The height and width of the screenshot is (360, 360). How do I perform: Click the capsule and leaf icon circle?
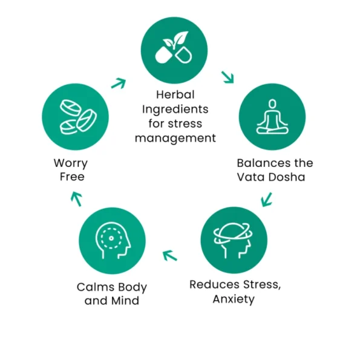tap(174, 50)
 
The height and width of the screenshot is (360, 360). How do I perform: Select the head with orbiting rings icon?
tap(234, 240)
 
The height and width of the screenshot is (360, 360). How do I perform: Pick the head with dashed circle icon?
tap(113, 241)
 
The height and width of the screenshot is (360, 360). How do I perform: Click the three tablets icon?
tap(78, 117)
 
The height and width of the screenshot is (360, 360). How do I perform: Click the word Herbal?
tap(175, 94)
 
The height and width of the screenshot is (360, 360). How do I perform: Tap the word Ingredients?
tap(175, 110)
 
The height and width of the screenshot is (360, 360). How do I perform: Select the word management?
tap(175, 139)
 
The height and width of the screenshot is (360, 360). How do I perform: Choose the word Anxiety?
tap(234, 299)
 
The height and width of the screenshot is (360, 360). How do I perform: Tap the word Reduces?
tap(215, 284)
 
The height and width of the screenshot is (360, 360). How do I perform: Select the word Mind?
tap(125, 301)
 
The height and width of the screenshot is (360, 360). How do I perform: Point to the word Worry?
tap(71, 163)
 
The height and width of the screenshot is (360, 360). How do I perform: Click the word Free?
tap(72, 177)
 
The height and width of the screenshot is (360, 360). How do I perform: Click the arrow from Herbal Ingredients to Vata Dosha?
tap(227, 77)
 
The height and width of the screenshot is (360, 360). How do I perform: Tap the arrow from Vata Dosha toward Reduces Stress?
tap(267, 200)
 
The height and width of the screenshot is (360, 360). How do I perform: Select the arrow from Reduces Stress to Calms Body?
tap(170, 255)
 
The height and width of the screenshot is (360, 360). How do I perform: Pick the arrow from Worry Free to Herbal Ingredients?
tap(119, 83)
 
